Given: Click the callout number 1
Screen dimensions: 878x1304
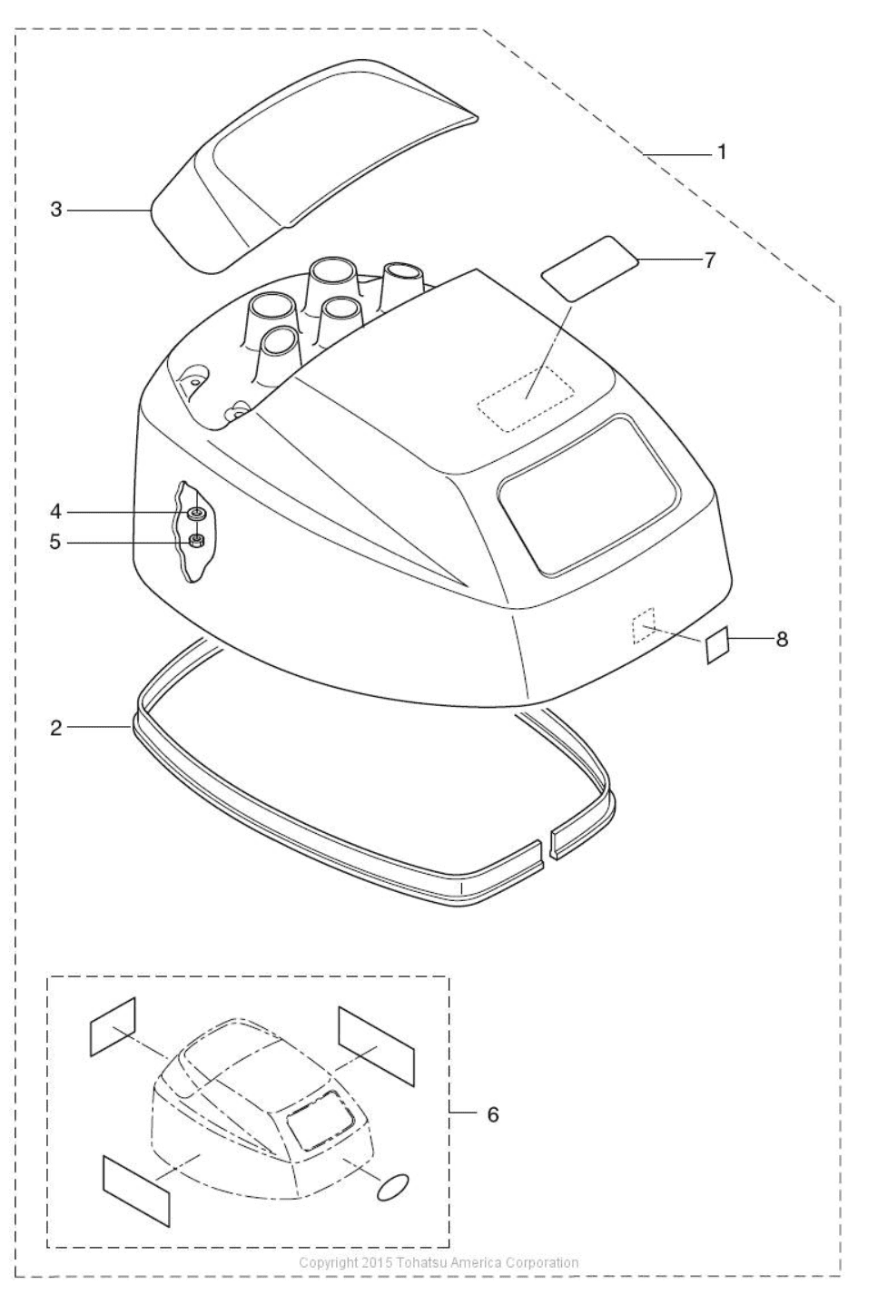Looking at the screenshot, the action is pyautogui.click(x=722, y=152).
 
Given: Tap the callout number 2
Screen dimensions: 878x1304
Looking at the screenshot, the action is pyautogui.click(x=56, y=728).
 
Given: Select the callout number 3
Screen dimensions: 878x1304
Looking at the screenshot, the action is pyautogui.click(x=56, y=210).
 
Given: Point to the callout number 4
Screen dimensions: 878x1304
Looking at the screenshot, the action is pyautogui.click(x=55, y=512).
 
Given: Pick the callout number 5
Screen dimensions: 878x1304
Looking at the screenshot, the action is pyautogui.click(x=55, y=543).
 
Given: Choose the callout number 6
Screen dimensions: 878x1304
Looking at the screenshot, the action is pyautogui.click(x=493, y=1114).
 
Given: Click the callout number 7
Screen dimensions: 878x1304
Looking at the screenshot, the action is pyautogui.click(x=709, y=260).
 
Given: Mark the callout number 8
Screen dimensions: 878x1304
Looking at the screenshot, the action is pyautogui.click(x=782, y=639).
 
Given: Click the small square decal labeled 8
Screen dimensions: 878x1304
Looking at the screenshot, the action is pyautogui.click(x=717, y=645).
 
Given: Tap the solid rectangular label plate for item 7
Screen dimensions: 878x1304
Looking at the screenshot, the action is pyautogui.click(x=589, y=269).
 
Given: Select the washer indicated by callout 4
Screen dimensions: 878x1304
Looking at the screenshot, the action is pyautogui.click(x=195, y=513).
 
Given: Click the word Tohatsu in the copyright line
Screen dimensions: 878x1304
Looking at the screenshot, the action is pyautogui.click(x=419, y=1262).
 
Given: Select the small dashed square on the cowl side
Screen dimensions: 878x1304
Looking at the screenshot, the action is pyautogui.click(x=643, y=626).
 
